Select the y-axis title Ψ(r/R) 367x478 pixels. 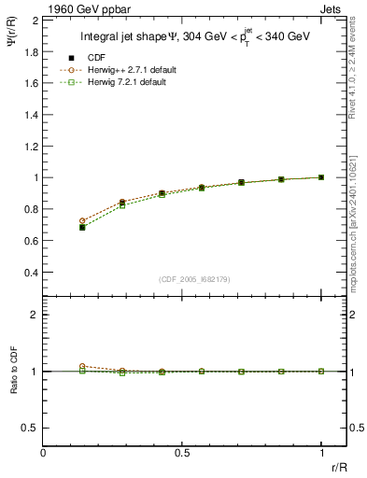[x=12, y=42]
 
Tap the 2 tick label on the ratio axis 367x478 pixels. [x=35, y=316]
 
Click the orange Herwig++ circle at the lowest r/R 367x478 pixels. [x=82, y=221]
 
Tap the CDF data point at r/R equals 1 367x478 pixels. [x=321, y=177]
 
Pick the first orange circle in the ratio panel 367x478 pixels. [x=82, y=366]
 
